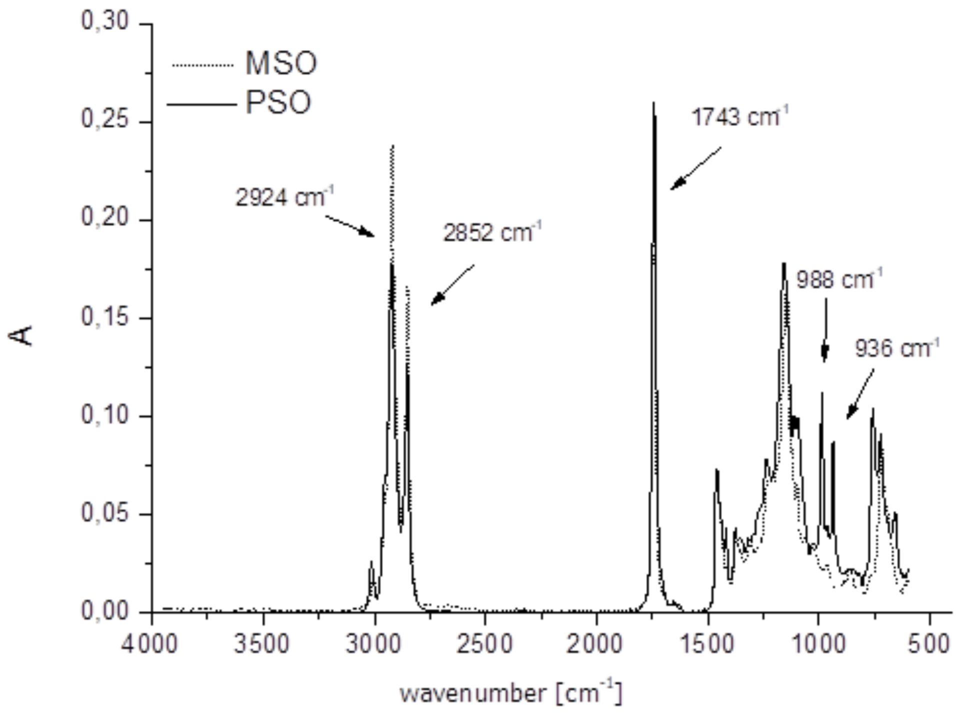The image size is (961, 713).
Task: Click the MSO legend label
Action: (x=281, y=64)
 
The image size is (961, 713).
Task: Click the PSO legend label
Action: (x=278, y=103)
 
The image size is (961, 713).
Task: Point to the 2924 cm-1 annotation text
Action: (x=284, y=198)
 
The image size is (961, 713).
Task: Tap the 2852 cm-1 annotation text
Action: (x=492, y=233)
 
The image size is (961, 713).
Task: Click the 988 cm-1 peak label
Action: (x=839, y=280)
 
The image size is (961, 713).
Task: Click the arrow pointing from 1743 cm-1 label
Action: (x=695, y=169)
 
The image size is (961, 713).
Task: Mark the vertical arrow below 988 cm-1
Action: (x=825, y=330)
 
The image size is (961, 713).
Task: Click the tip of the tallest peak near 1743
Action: (x=653, y=103)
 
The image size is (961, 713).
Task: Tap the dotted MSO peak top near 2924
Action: (x=393, y=146)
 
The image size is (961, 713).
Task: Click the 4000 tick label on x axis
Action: (x=149, y=643)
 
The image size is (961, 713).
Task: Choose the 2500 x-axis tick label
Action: (x=484, y=643)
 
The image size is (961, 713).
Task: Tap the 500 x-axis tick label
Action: (x=929, y=643)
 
